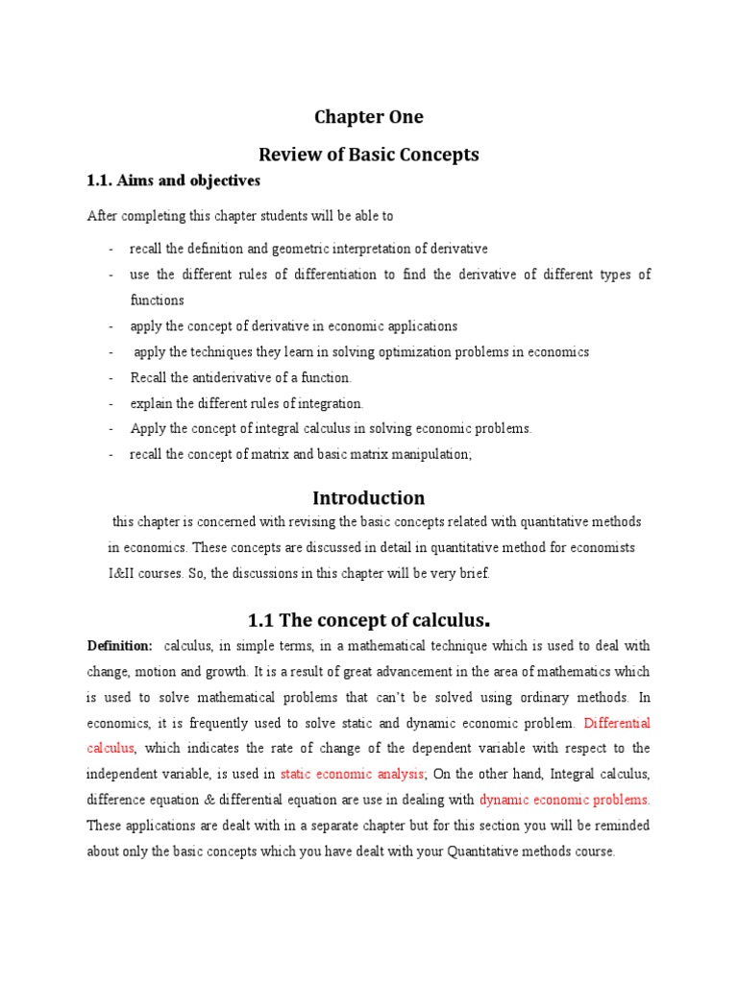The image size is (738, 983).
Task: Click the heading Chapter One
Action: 369,118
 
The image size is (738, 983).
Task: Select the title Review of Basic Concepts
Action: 369,155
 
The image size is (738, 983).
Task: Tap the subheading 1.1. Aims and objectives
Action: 174,180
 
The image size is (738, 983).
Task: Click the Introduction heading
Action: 369,498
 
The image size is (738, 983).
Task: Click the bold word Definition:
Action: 120,646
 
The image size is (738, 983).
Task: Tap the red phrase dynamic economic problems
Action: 565,799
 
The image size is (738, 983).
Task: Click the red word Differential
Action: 617,723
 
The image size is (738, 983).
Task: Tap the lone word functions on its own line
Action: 157,300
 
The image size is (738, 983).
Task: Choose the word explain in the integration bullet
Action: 152,404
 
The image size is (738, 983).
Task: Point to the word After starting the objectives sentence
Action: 102,217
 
